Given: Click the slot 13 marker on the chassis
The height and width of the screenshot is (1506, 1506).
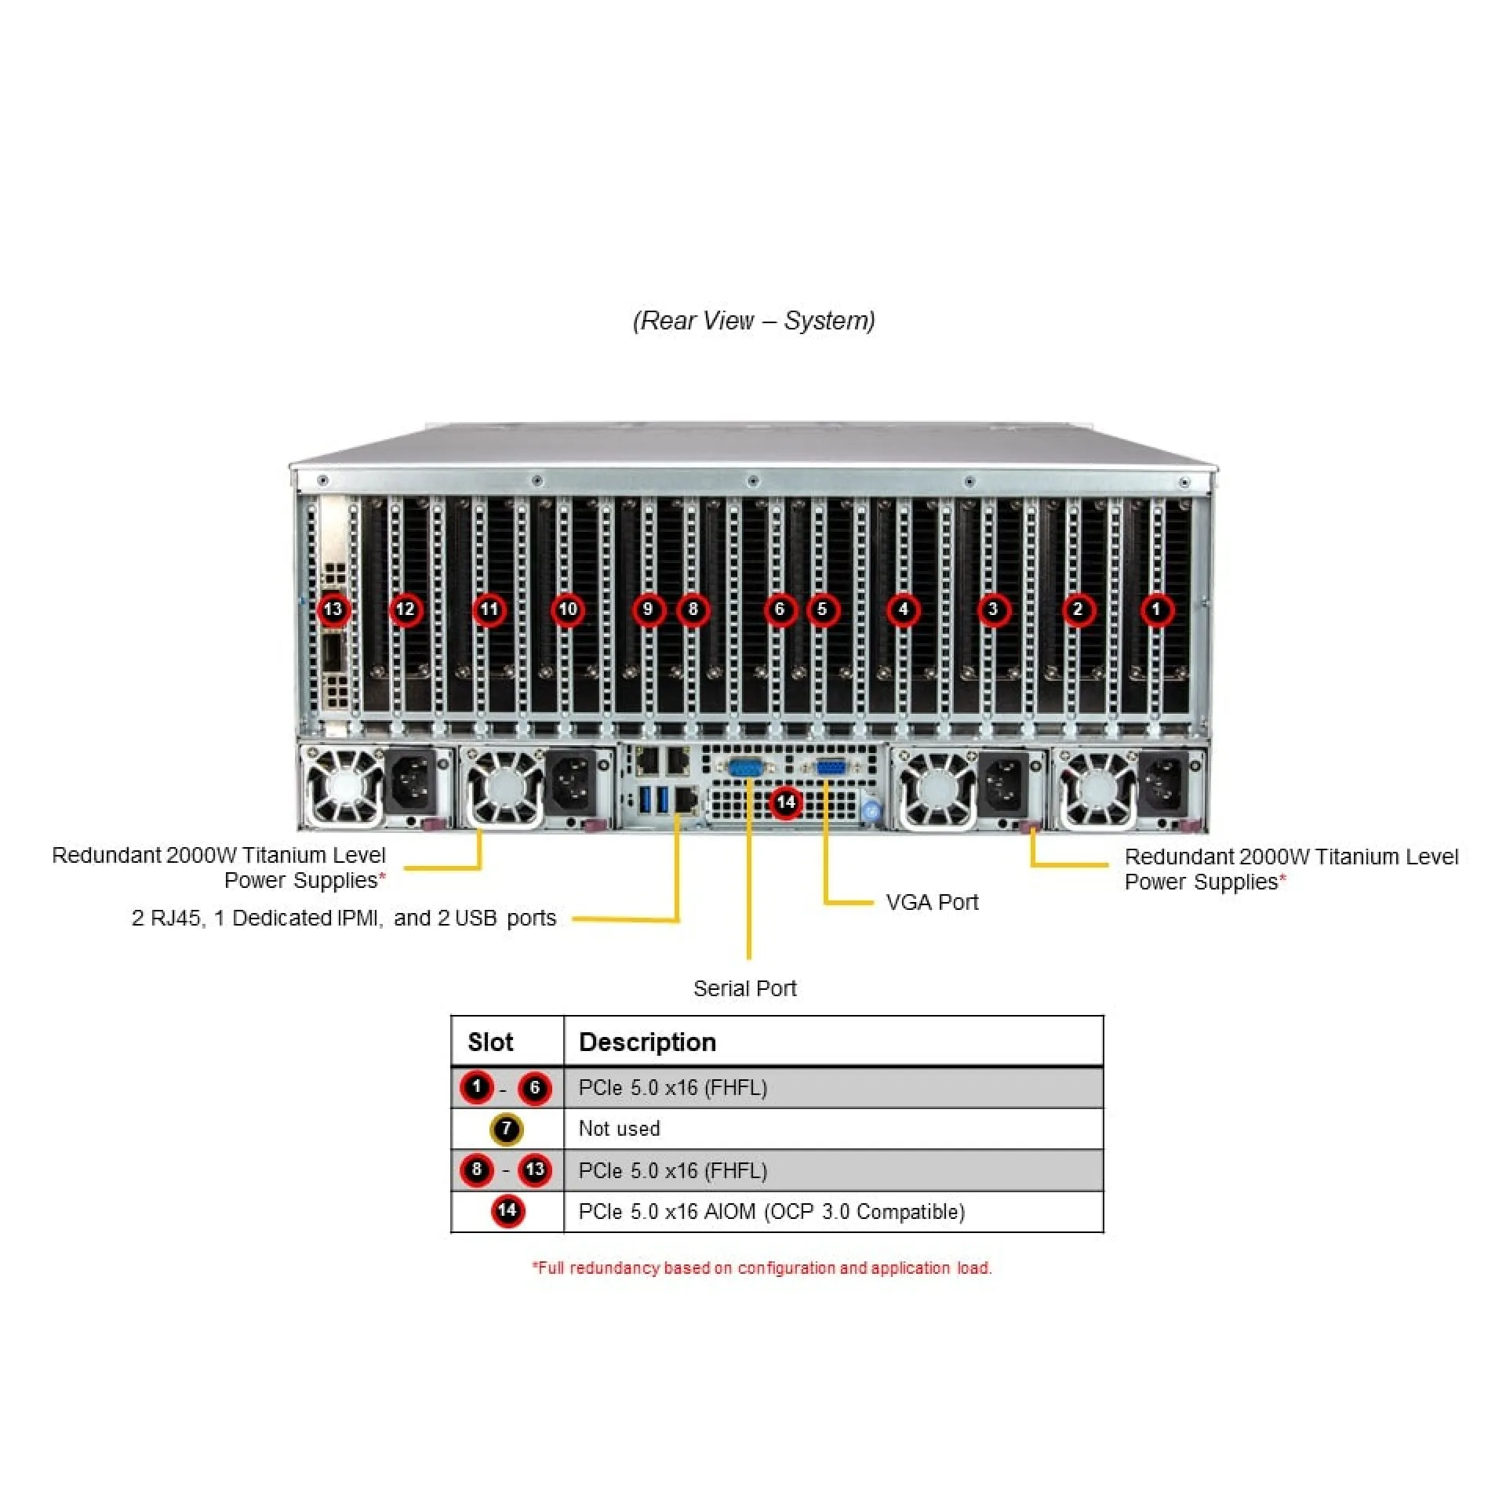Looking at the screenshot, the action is click(x=333, y=609).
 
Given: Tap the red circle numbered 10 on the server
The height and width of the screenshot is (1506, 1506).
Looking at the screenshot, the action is click(x=567, y=609).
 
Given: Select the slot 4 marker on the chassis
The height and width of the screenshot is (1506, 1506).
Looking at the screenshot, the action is click(x=903, y=609).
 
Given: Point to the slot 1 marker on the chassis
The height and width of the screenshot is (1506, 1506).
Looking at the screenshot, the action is click(x=1156, y=609).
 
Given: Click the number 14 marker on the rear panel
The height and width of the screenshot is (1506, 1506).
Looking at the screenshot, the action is click(x=786, y=802).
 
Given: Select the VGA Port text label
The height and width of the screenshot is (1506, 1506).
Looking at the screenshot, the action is click(x=932, y=902).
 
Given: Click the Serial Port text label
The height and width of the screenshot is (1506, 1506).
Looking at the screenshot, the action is click(x=744, y=988).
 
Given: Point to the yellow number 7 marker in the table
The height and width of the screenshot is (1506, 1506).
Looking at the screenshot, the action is click(x=507, y=1129).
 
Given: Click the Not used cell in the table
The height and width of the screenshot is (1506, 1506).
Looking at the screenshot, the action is click(x=619, y=1129).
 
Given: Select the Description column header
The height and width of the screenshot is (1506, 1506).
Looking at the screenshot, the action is click(x=647, y=1042).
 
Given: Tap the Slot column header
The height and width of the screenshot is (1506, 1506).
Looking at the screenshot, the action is click(x=490, y=1042).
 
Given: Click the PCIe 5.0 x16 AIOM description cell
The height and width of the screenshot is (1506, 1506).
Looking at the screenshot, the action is click(x=772, y=1212).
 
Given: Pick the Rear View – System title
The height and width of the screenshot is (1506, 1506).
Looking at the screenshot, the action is click(x=754, y=321).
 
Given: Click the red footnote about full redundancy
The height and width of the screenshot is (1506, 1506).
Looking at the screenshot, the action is click(x=762, y=1268).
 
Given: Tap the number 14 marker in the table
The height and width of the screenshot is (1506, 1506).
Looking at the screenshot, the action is click(x=507, y=1211).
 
